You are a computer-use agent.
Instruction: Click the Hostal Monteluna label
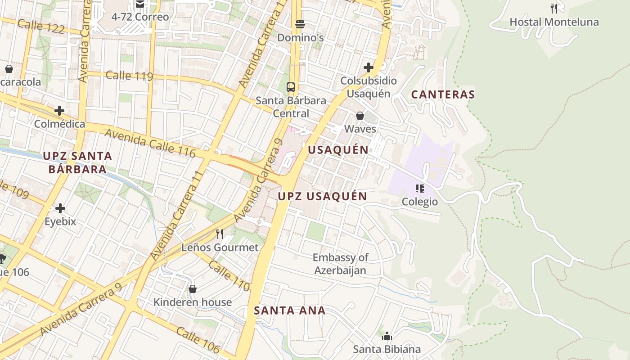point(554,22)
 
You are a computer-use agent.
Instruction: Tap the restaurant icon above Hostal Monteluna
point(554,8)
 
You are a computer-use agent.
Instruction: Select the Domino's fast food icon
point(300,24)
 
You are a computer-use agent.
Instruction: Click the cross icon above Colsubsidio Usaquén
point(369,67)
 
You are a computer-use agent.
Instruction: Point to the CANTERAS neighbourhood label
point(443,94)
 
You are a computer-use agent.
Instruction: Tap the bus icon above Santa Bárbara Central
point(291,87)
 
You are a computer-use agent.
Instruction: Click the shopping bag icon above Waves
point(360,116)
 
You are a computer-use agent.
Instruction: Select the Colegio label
point(419,202)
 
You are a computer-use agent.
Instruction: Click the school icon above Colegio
point(419,188)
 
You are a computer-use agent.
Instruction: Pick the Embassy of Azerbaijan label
point(340,264)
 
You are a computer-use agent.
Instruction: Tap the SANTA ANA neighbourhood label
point(289,310)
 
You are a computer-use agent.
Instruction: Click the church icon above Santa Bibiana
point(387,336)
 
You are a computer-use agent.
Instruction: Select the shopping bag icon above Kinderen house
point(193,288)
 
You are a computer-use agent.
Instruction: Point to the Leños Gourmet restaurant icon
point(220,234)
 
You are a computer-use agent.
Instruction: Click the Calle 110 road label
point(229,276)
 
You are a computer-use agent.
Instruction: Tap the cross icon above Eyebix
point(60,208)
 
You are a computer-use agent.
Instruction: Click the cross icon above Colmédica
point(59,110)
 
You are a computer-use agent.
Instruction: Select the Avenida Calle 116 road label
point(150,143)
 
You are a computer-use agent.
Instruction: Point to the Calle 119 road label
point(129,75)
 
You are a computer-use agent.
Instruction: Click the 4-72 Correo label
point(140,17)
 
